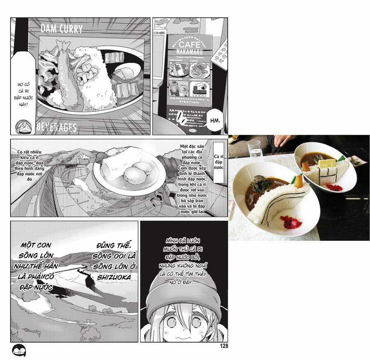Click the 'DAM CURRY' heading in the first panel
pos(62,29)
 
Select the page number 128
pos(224,346)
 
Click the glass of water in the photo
pos(255,150)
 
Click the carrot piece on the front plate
pos(298,180)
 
